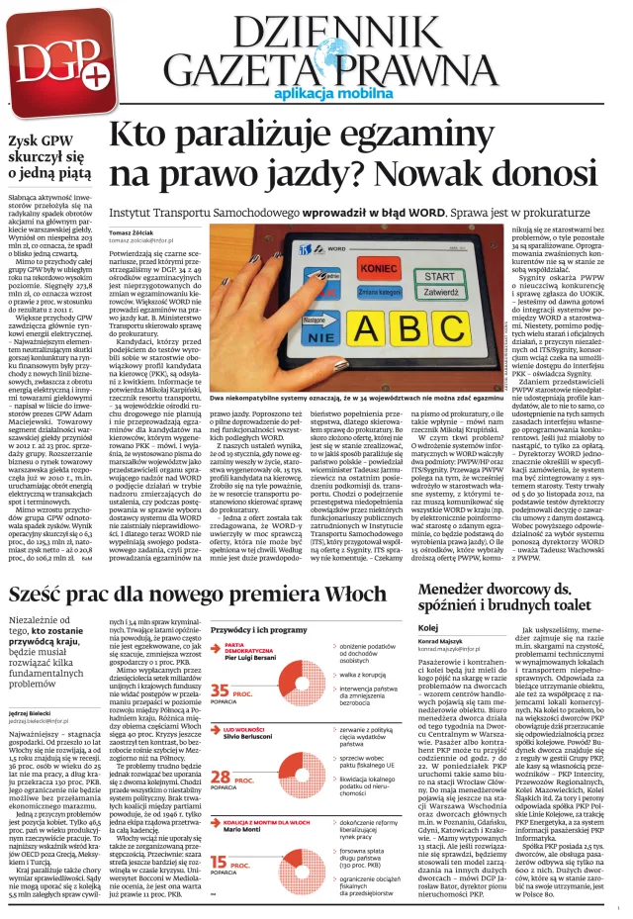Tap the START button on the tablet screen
tap(441, 276)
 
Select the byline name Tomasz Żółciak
tap(137, 231)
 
